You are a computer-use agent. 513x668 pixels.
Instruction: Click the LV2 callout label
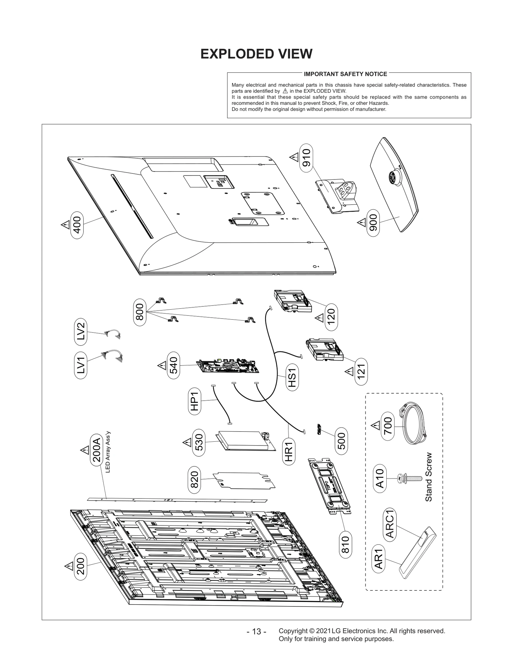tap(80, 331)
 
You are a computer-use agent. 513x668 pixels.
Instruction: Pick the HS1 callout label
tap(292, 377)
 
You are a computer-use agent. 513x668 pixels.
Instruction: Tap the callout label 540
tap(173, 365)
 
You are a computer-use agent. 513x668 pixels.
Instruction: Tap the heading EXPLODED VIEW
tap(256, 54)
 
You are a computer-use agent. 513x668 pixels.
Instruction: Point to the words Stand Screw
tap(429, 477)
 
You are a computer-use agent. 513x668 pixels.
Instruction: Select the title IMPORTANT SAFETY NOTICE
tap(345, 74)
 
